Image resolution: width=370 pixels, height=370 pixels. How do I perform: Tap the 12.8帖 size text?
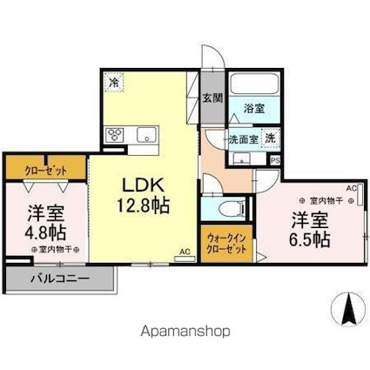pos(139,206)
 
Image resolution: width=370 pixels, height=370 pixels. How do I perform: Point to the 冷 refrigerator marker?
pos(115,83)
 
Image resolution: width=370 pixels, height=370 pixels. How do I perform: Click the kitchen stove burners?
pos(116,135)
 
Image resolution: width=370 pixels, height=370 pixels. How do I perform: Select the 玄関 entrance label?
pos(211,98)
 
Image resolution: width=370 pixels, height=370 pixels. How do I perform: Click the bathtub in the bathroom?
pos(256,86)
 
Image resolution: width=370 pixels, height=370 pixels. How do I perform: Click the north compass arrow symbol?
pos(347,308)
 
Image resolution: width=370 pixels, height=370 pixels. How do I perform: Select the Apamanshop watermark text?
pos(185,332)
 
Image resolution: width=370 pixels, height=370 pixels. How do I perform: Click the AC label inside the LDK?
pos(184,253)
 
